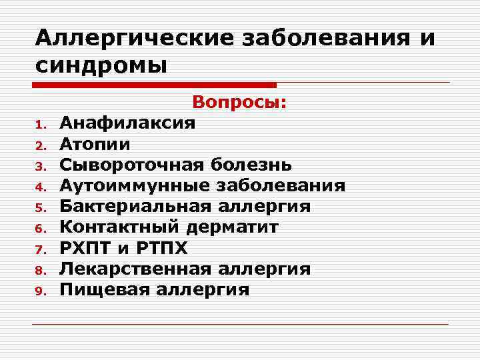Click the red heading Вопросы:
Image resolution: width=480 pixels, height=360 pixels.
[x=239, y=103]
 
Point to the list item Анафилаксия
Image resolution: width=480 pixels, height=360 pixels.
[x=127, y=123]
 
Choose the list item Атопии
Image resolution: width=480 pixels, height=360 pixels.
[x=95, y=143]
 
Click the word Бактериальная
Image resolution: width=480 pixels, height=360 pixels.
[x=137, y=206]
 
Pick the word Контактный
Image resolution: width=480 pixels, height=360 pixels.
[x=120, y=227]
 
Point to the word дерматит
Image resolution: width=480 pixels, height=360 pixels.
[x=233, y=227]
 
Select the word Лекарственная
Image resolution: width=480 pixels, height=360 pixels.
[x=137, y=269]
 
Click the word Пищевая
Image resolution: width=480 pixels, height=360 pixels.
[x=101, y=289]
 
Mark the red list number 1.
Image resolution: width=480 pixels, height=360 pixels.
[x=39, y=125]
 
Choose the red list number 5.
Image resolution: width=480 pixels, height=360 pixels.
[x=39, y=207]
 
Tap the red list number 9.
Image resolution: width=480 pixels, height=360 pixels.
[x=39, y=291]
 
